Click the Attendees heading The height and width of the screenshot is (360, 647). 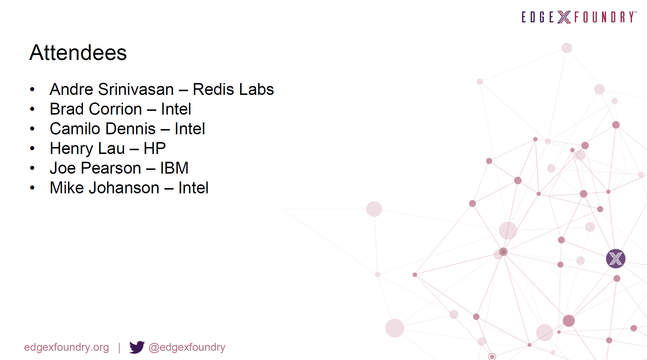click(x=78, y=53)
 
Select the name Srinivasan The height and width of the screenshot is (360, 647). click(x=136, y=89)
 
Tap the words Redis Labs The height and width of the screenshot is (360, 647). click(x=233, y=89)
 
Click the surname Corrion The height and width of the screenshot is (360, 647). click(x=116, y=109)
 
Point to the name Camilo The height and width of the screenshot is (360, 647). click(x=76, y=129)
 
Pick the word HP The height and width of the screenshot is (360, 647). click(x=155, y=148)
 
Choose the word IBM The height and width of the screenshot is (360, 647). click(x=174, y=168)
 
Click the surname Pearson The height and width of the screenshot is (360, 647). click(x=111, y=168)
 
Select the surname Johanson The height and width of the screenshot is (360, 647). click(x=124, y=188)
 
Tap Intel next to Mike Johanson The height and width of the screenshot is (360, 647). click(x=193, y=188)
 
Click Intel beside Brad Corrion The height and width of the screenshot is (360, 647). click(x=176, y=109)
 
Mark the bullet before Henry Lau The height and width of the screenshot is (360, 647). click(x=32, y=148)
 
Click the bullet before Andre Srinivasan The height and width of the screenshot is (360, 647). click(x=32, y=89)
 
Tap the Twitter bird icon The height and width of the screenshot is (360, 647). click(x=137, y=347)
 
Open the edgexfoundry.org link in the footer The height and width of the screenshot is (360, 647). click(x=67, y=347)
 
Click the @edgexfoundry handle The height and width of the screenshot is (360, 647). click(x=187, y=347)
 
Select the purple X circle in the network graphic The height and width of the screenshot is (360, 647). click(x=616, y=259)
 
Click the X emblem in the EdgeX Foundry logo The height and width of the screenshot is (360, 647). click(x=564, y=17)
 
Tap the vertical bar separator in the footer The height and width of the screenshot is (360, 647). click(x=119, y=348)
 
